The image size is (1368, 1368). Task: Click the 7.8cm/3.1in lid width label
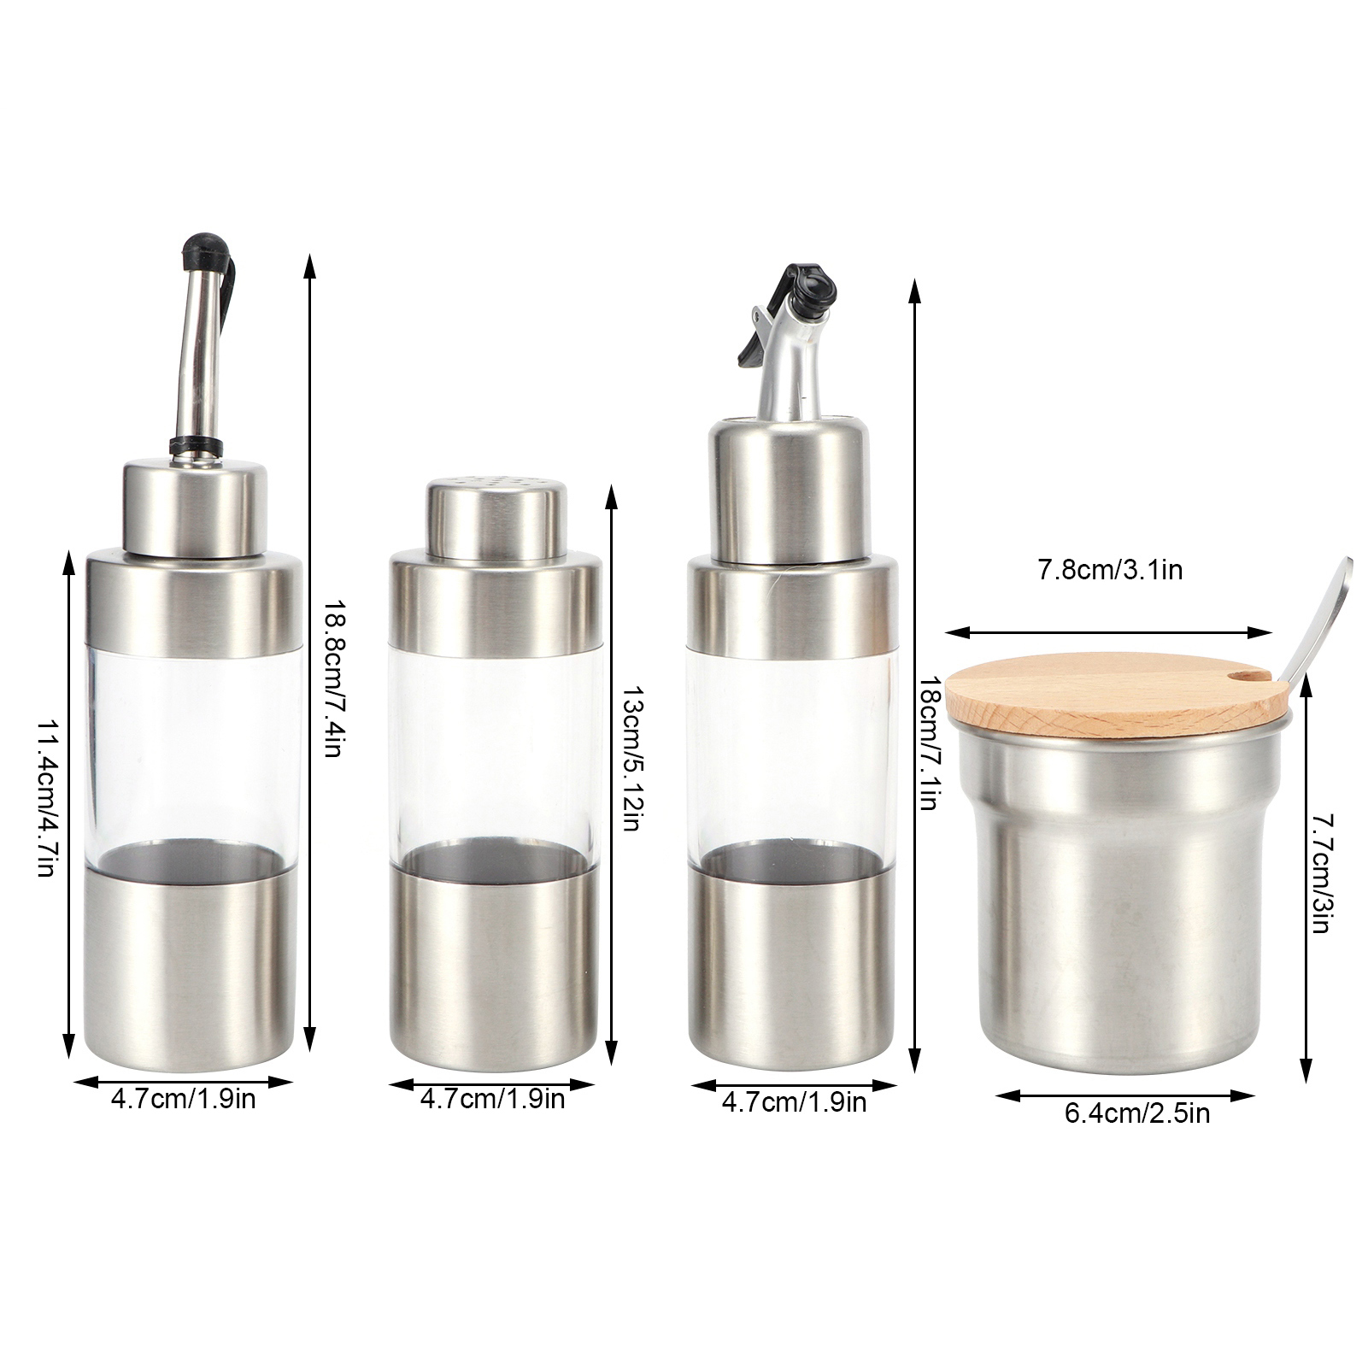point(1110,570)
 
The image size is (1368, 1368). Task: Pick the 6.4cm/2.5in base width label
point(1136,1113)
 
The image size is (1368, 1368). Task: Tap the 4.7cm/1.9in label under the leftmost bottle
point(183,1098)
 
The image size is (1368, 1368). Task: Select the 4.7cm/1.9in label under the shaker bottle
point(492,1098)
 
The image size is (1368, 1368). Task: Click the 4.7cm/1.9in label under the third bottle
point(794,1101)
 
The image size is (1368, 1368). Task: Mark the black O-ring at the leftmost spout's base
point(195,443)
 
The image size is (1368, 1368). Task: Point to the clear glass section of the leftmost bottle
point(196,752)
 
